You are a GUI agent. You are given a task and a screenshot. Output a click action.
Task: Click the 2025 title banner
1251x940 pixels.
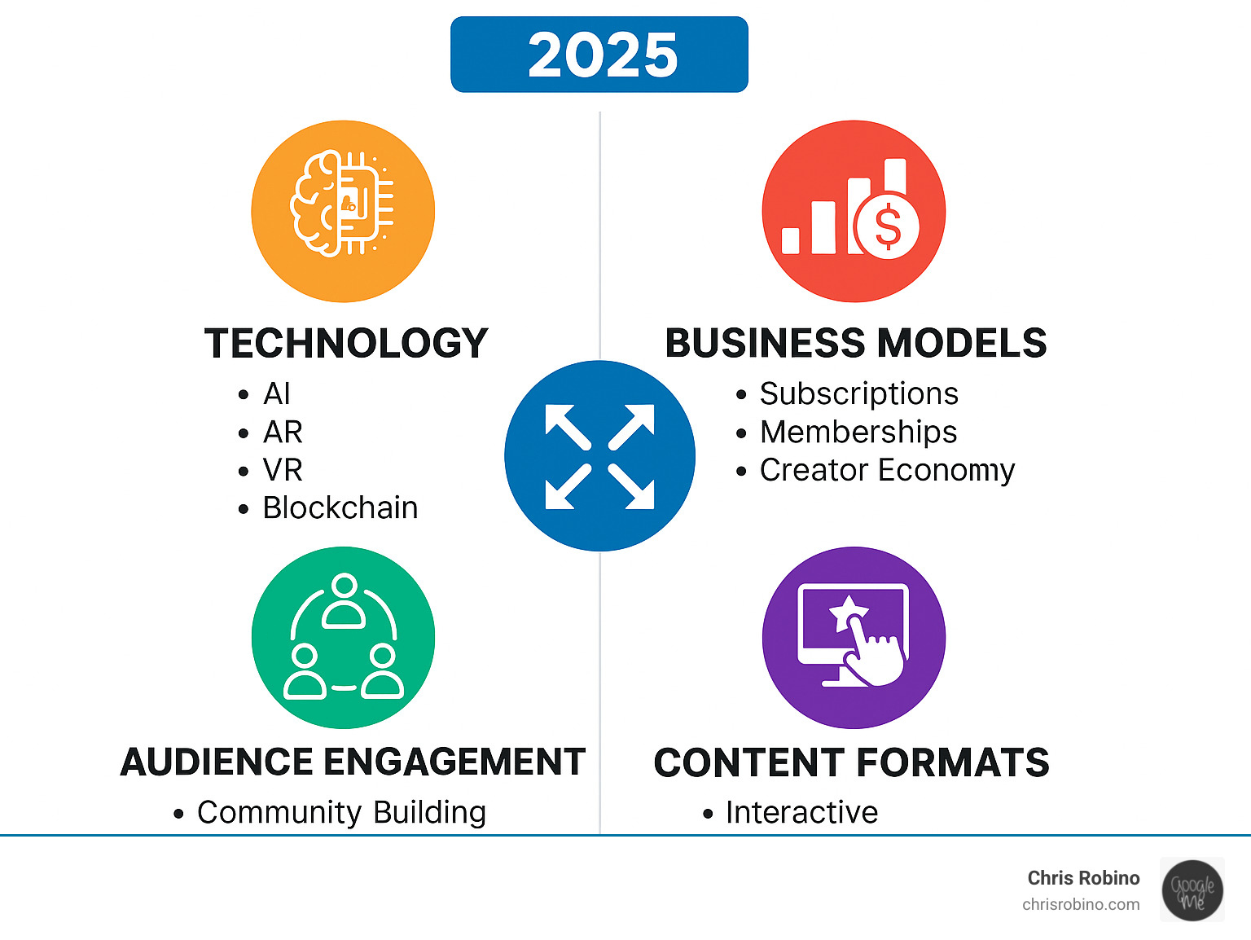coord(599,54)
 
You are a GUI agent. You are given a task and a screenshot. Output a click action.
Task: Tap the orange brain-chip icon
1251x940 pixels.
coord(343,211)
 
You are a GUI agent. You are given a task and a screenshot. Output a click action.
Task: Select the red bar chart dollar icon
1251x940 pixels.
coord(854,211)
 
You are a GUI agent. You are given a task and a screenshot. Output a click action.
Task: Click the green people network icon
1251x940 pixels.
coord(343,637)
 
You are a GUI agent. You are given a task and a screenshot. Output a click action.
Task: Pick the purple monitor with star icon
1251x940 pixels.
coord(854,637)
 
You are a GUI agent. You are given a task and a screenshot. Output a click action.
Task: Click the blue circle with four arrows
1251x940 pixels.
coord(599,455)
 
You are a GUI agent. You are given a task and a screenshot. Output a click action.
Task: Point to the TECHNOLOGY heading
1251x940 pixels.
coord(346,343)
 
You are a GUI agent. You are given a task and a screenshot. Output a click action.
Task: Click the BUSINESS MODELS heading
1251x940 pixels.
coord(856,343)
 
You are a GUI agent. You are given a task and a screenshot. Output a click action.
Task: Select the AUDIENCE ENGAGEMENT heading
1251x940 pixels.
coord(353,762)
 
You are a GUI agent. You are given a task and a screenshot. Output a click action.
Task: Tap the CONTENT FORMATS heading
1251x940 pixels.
coord(851,762)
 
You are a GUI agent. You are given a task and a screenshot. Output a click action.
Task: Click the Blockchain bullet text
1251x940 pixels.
coord(340,507)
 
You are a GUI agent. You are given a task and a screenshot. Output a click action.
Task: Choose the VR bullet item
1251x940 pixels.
coord(283,470)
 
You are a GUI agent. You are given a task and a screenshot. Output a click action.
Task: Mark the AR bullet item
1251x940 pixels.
coord(283,432)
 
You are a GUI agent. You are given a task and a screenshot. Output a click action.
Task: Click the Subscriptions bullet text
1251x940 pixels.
coord(859,394)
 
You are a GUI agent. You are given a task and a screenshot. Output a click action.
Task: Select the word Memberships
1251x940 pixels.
coord(858,432)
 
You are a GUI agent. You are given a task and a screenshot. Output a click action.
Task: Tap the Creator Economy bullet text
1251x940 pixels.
coord(888,470)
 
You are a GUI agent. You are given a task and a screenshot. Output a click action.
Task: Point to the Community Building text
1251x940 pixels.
coord(341,812)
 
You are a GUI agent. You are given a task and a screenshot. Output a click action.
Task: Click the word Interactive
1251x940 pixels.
coord(802,812)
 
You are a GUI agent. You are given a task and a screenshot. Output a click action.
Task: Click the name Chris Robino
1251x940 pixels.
coord(1083,878)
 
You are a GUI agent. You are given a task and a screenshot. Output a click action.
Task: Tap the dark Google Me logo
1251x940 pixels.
coord(1192,890)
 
